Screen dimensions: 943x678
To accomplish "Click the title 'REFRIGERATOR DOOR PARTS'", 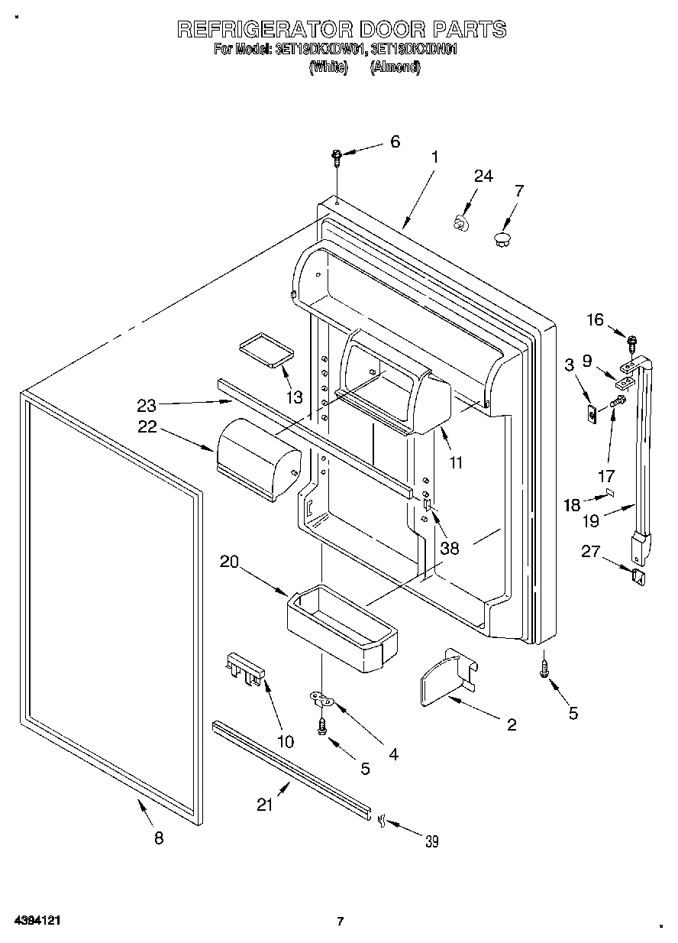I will coord(341,30).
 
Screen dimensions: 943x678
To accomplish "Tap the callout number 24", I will coord(483,176).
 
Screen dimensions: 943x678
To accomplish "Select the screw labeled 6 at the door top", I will coord(337,158).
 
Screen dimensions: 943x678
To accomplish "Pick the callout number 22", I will coord(147,427).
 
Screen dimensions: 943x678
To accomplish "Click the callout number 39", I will coord(432,841).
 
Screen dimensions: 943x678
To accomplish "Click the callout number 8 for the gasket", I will coord(159,838).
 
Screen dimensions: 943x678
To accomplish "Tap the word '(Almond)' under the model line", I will coord(395,67).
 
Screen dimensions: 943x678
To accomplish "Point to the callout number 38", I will coord(449,548).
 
